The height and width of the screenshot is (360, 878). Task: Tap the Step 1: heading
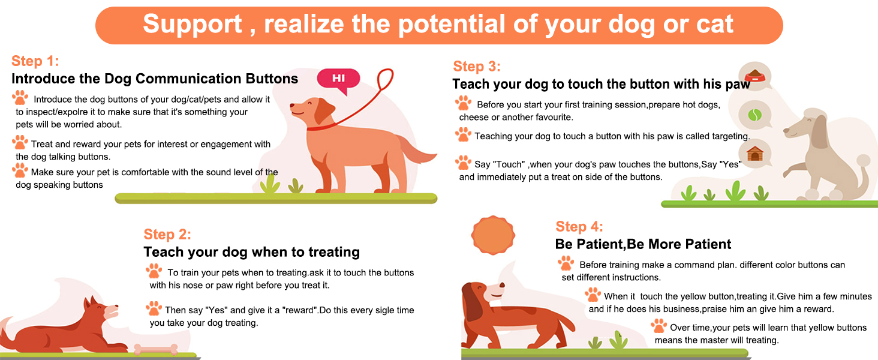pos(35,61)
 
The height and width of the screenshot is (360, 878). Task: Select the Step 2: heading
pos(167,234)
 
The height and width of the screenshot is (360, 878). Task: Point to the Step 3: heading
pos(477,66)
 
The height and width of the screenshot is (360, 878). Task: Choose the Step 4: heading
pos(579,226)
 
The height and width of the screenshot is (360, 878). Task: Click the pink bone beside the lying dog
pos(155,349)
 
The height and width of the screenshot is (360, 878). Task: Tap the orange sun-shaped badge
pos(493,235)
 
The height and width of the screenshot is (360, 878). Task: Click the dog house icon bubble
pos(755,154)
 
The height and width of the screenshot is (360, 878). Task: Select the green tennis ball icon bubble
pos(755,115)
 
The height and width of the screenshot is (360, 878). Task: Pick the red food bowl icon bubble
pos(755,75)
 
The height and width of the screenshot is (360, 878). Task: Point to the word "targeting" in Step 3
pos(730,136)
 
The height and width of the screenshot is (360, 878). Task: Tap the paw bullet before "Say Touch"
pos(463,163)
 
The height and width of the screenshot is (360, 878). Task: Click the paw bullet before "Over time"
pos(659,326)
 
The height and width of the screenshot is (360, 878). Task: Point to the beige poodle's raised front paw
pos(788,173)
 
